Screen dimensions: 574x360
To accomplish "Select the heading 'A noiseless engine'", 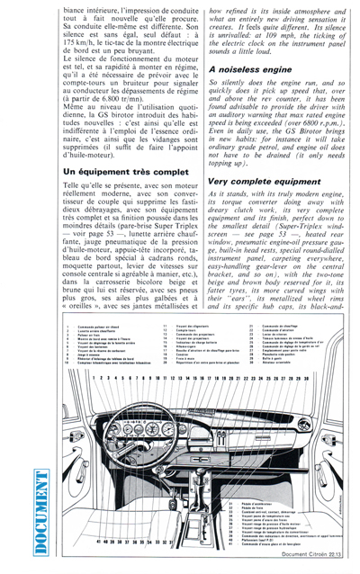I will pos(249,68).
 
